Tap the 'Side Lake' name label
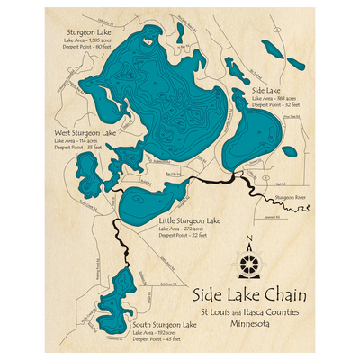tap(266, 91)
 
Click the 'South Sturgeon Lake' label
tap(164, 324)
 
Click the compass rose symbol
tap(249, 265)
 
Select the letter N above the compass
tap(249, 240)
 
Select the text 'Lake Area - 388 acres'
tap(273, 99)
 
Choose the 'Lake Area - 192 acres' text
tap(158, 332)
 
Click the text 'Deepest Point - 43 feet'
tap(158, 339)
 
